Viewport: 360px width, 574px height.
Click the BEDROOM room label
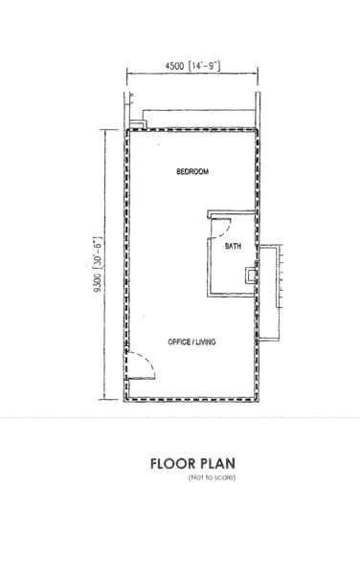click(x=192, y=171)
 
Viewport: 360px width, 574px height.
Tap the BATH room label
click(x=233, y=246)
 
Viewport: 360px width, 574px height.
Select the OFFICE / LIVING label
click(x=191, y=342)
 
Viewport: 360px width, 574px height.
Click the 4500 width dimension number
click(x=175, y=66)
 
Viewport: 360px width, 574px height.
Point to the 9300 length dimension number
click(x=98, y=283)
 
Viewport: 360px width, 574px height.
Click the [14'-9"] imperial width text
click(x=204, y=66)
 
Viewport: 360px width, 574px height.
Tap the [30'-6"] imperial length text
click(x=99, y=254)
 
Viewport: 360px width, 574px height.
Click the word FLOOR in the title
click(x=173, y=463)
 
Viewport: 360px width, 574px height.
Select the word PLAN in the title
click(x=218, y=463)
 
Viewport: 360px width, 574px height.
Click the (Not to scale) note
click(x=212, y=477)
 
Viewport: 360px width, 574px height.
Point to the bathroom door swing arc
click(x=224, y=230)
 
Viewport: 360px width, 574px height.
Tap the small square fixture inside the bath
click(x=251, y=275)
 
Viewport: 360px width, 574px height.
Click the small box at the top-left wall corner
click(x=138, y=123)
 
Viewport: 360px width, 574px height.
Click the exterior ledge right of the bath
click(x=269, y=293)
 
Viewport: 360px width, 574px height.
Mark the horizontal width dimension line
click(x=192, y=74)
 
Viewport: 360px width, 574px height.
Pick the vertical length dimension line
click(x=105, y=264)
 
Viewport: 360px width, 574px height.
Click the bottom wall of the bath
click(x=232, y=295)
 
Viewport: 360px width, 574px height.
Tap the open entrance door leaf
click(x=142, y=379)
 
